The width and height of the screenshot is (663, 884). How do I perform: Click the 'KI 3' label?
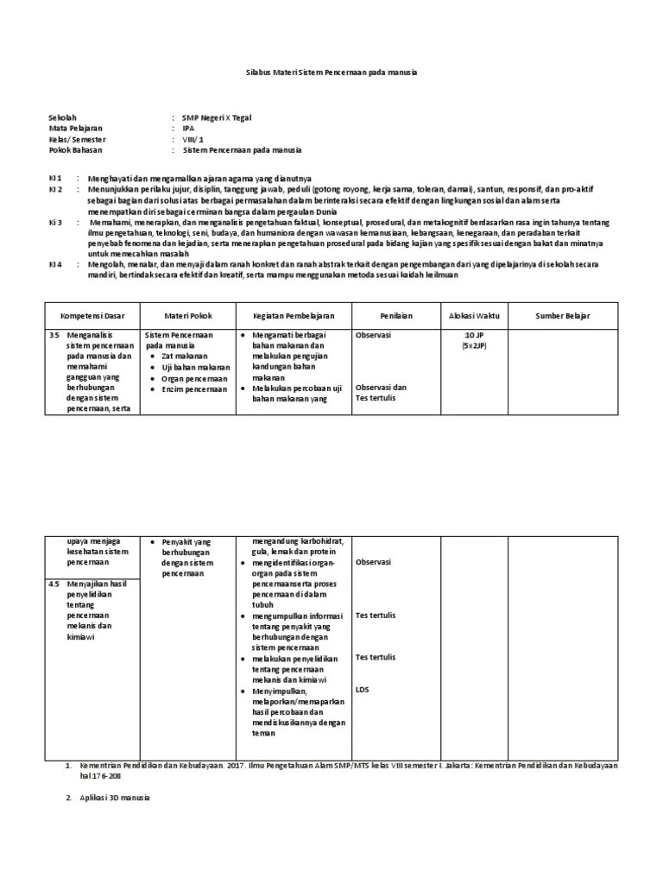click(54, 223)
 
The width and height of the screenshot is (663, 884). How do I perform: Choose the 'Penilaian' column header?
click(393, 316)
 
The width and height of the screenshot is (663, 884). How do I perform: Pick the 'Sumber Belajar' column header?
click(562, 316)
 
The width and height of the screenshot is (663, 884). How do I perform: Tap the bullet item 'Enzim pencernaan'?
click(194, 388)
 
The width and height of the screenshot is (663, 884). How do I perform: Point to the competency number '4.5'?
click(54, 584)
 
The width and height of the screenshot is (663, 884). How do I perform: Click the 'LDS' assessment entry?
click(363, 689)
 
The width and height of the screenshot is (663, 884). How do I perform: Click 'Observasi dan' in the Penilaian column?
click(381, 387)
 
